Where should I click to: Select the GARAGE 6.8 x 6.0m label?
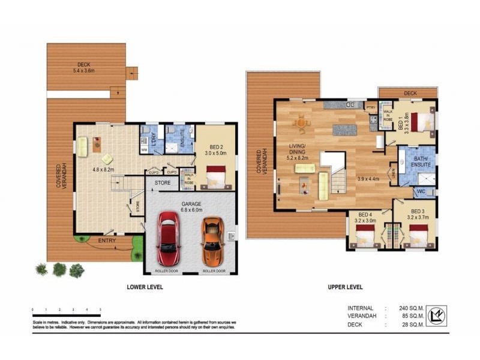pos(193,206)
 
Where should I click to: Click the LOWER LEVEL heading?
pos(145,287)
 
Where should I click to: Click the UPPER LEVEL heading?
pos(345,287)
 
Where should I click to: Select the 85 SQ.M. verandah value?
pos(414,316)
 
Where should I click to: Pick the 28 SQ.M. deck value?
pos(414,325)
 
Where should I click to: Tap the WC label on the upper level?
pos(421,193)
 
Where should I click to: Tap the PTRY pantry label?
pos(371,108)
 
